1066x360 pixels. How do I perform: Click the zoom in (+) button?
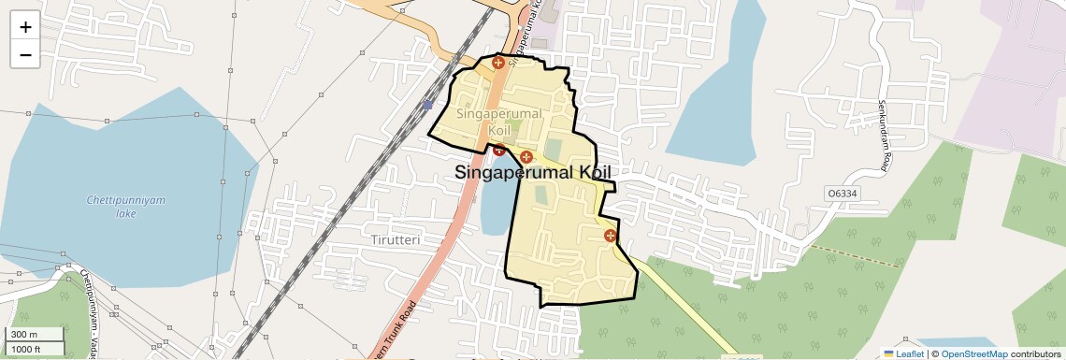click(25, 27)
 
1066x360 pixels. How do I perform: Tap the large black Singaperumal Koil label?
click(533, 173)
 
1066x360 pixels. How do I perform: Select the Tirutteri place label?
click(396, 239)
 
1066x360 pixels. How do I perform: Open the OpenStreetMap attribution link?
click(973, 353)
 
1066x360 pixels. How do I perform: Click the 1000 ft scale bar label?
click(26, 349)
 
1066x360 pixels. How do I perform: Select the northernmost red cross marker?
click(498, 63)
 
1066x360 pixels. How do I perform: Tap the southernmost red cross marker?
click(611, 236)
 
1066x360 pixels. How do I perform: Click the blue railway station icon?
click(427, 105)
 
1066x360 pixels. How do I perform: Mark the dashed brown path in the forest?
click(856, 254)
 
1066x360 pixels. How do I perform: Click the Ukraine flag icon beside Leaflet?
click(888, 353)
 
